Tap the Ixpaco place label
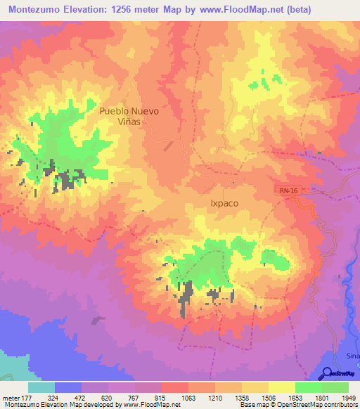tap(224, 203)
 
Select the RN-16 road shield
tap(284, 190)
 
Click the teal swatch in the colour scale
tap(41, 387)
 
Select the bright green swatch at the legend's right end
tap(335, 387)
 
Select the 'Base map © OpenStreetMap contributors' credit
tap(297, 405)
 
